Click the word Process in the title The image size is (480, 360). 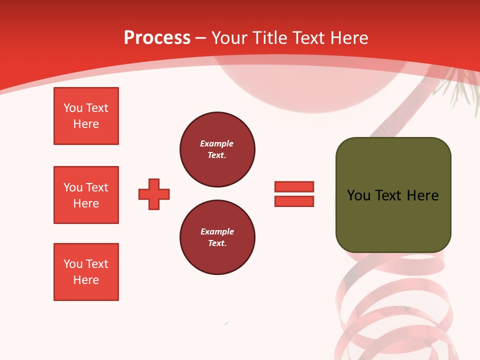(157, 37)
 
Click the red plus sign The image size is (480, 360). (154, 194)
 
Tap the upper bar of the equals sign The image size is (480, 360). (294, 186)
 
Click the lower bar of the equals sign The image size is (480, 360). (294, 201)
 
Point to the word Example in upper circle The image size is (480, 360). (217, 143)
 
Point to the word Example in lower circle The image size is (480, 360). (217, 231)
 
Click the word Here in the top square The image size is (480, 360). (86, 124)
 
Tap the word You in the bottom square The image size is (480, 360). (72, 264)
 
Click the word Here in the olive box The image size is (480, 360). (422, 195)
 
